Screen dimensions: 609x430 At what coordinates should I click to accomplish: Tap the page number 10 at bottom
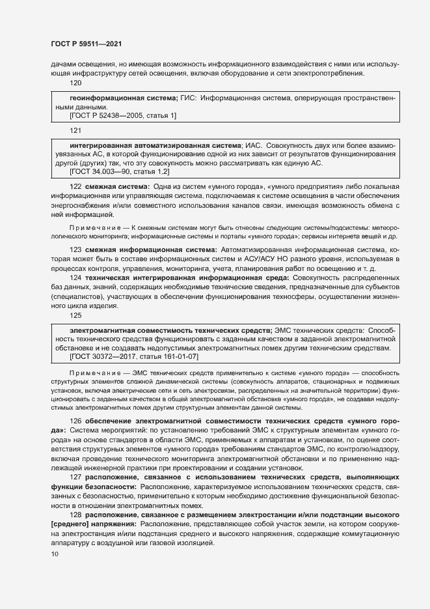tap(54, 554)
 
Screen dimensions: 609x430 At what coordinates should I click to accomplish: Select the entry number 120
tap(75, 83)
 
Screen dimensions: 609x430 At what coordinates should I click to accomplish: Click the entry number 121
tap(75, 130)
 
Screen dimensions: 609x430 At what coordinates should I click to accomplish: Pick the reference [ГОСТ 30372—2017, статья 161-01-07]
tap(133, 357)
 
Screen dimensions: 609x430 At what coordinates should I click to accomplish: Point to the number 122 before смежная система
tap(75, 186)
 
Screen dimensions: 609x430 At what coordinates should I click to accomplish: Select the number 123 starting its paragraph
tap(75, 250)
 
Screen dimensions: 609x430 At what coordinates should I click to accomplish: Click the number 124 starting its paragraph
tap(75, 277)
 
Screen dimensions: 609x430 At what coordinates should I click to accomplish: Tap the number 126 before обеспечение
tap(75, 422)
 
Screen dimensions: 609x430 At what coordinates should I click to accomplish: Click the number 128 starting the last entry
tap(75, 515)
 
